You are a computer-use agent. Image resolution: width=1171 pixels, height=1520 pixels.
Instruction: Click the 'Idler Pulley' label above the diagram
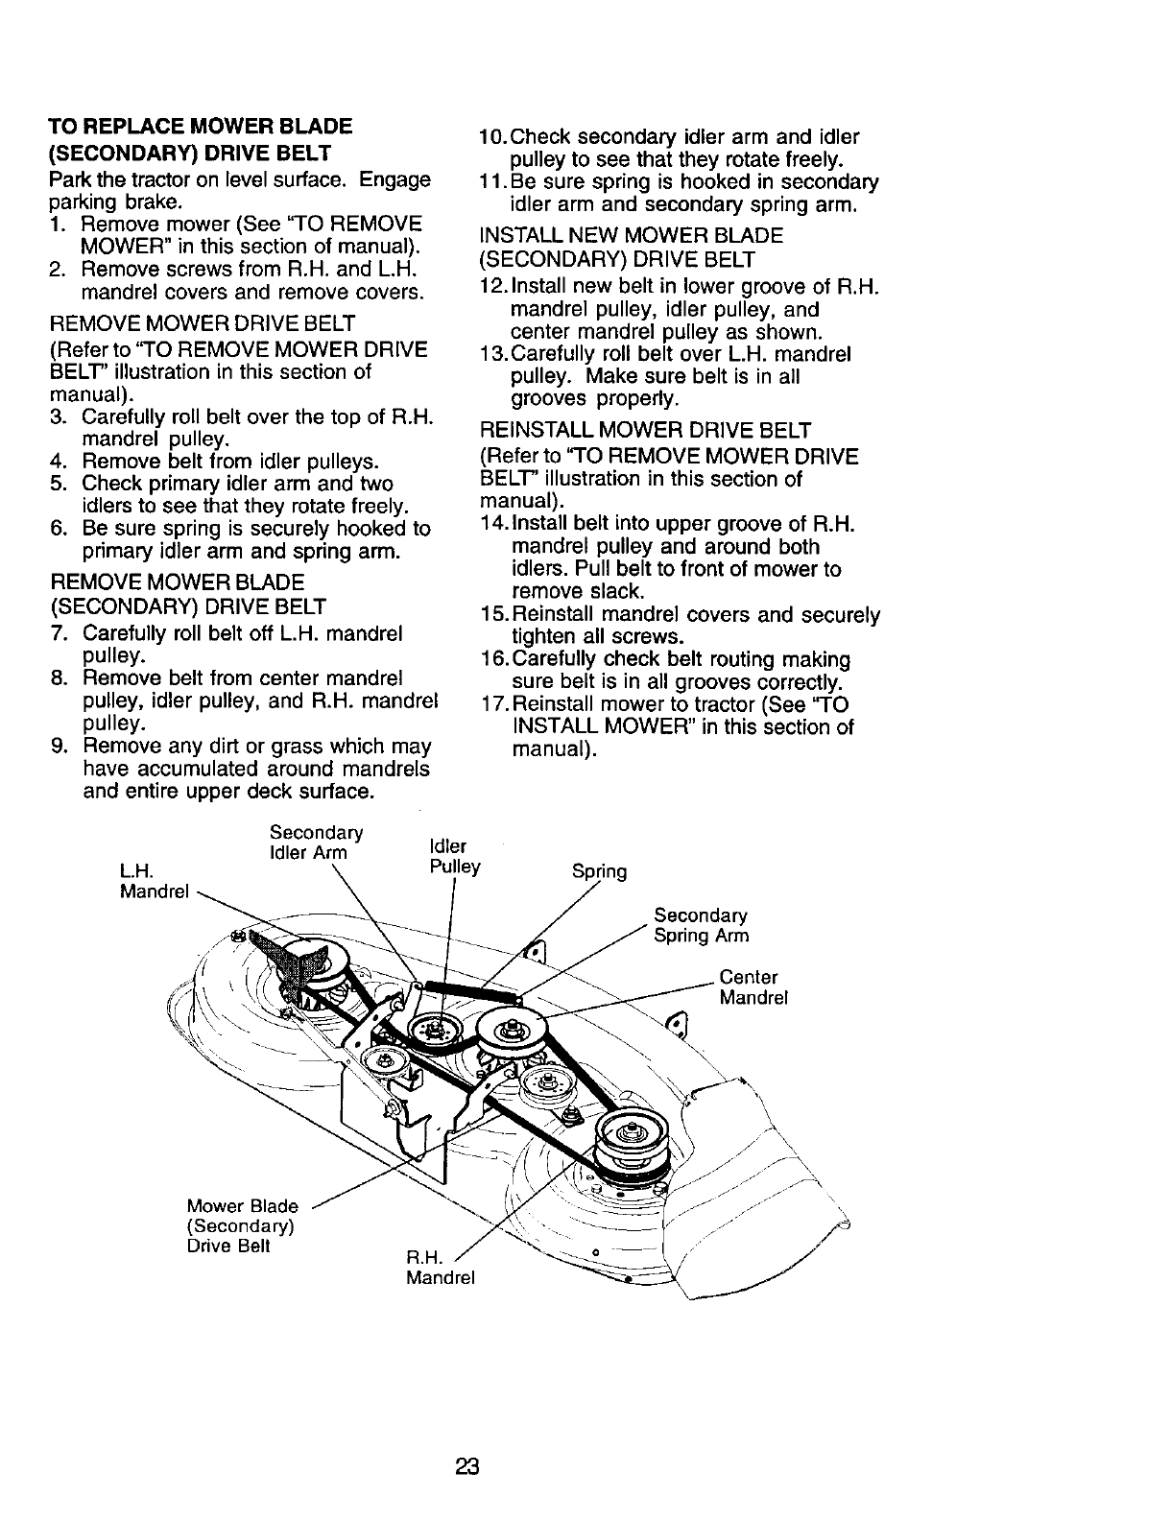(x=453, y=857)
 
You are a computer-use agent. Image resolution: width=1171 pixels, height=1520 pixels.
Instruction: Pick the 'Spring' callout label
(x=599, y=872)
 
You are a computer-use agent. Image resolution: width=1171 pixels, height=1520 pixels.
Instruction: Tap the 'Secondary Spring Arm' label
(x=701, y=926)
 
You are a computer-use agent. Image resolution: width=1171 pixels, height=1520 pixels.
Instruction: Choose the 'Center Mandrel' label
(x=753, y=987)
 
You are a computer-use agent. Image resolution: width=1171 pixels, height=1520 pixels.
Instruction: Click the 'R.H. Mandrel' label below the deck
(x=441, y=1268)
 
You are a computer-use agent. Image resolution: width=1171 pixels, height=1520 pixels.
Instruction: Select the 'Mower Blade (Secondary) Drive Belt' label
(x=242, y=1225)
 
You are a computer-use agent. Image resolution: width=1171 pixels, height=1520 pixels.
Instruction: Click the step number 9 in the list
(x=58, y=747)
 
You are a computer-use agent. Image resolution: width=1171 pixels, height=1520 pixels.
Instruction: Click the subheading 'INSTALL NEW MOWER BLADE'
(x=631, y=235)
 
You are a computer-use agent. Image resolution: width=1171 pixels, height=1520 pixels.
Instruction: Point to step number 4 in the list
(x=58, y=462)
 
